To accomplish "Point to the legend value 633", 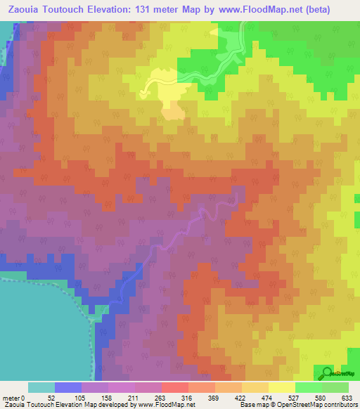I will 347,397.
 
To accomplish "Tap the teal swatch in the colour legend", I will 41,387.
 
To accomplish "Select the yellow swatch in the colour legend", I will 281,387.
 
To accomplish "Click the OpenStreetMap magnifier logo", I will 328,373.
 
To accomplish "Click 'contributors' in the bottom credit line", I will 339,405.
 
